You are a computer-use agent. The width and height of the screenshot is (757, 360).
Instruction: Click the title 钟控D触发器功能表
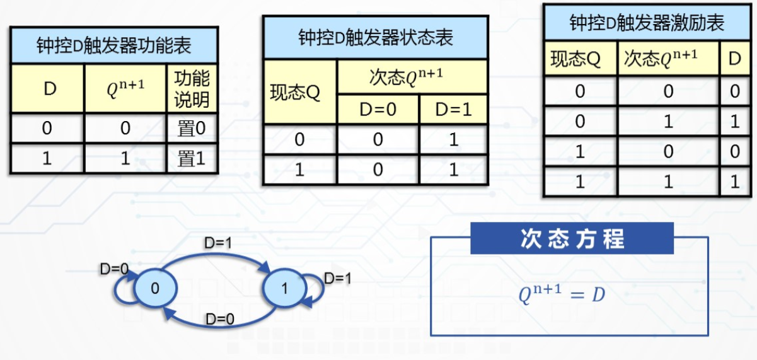click(113, 46)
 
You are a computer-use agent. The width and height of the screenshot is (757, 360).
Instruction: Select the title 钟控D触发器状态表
click(375, 38)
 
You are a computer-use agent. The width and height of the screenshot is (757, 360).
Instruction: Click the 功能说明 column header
click(192, 89)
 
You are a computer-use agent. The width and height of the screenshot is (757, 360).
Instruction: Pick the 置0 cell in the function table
click(192, 129)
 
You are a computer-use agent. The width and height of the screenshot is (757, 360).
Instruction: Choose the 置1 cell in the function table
click(192, 158)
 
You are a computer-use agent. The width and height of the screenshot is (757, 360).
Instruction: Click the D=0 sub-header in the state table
click(378, 109)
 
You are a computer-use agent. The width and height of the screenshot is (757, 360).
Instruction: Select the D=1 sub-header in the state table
click(453, 109)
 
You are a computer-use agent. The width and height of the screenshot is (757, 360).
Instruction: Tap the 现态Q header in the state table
click(299, 92)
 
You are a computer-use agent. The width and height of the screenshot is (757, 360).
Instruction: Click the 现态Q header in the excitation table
click(579, 59)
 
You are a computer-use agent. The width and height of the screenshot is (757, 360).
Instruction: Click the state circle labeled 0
click(155, 288)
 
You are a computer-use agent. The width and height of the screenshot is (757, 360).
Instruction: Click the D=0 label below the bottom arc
click(219, 320)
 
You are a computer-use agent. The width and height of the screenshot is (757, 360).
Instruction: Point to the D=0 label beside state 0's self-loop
click(115, 269)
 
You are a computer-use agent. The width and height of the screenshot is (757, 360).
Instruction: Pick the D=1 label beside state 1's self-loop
click(338, 278)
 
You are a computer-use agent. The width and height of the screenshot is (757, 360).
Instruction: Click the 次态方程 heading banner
click(572, 239)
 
